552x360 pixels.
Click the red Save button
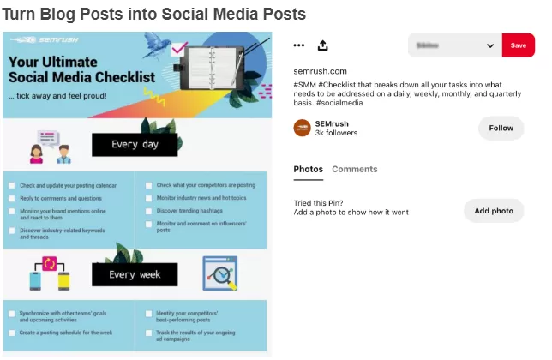tap(518, 45)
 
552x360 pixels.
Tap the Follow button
tap(501, 128)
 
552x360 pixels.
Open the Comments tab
tap(355, 169)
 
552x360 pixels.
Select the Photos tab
tap(309, 169)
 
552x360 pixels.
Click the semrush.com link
tap(320, 71)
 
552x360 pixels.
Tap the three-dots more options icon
tap(298, 45)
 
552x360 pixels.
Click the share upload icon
tap(322, 45)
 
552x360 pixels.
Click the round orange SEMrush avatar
tap(302, 128)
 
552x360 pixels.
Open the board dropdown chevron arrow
tap(490, 45)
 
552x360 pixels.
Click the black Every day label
tap(135, 145)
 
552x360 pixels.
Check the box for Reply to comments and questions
tap(11, 199)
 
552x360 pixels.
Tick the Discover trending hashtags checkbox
tap(149, 210)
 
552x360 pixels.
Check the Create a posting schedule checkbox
tap(11, 332)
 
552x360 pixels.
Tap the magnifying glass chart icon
tap(219, 274)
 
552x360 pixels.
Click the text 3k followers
tap(336, 133)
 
